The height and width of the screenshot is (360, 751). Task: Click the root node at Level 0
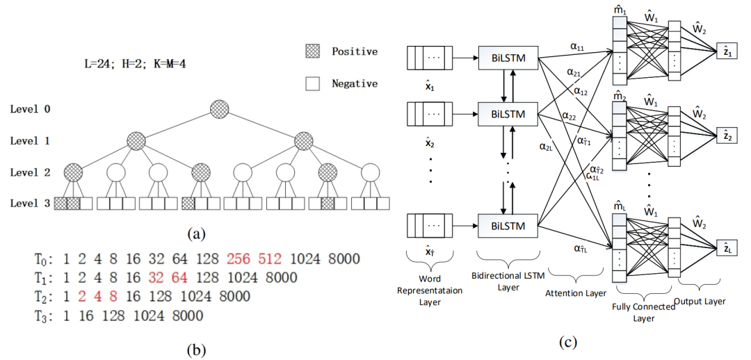(x=219, y=109)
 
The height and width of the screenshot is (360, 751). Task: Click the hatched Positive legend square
(x=312, y=51)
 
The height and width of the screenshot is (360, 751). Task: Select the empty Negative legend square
(x=312, y=84)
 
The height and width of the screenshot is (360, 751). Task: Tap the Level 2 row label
(x=30, y=172)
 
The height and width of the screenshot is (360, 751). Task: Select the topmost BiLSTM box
(x=508, y=58)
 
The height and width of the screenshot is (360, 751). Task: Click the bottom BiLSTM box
(x=508, y=224)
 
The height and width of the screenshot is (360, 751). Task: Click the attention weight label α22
(x=569, y=115)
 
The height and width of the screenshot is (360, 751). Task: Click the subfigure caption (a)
(x=196, y=234)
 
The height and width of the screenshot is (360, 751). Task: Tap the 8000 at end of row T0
(x=344, y=259)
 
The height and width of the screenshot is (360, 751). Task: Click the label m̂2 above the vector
(x=620, y=97)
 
